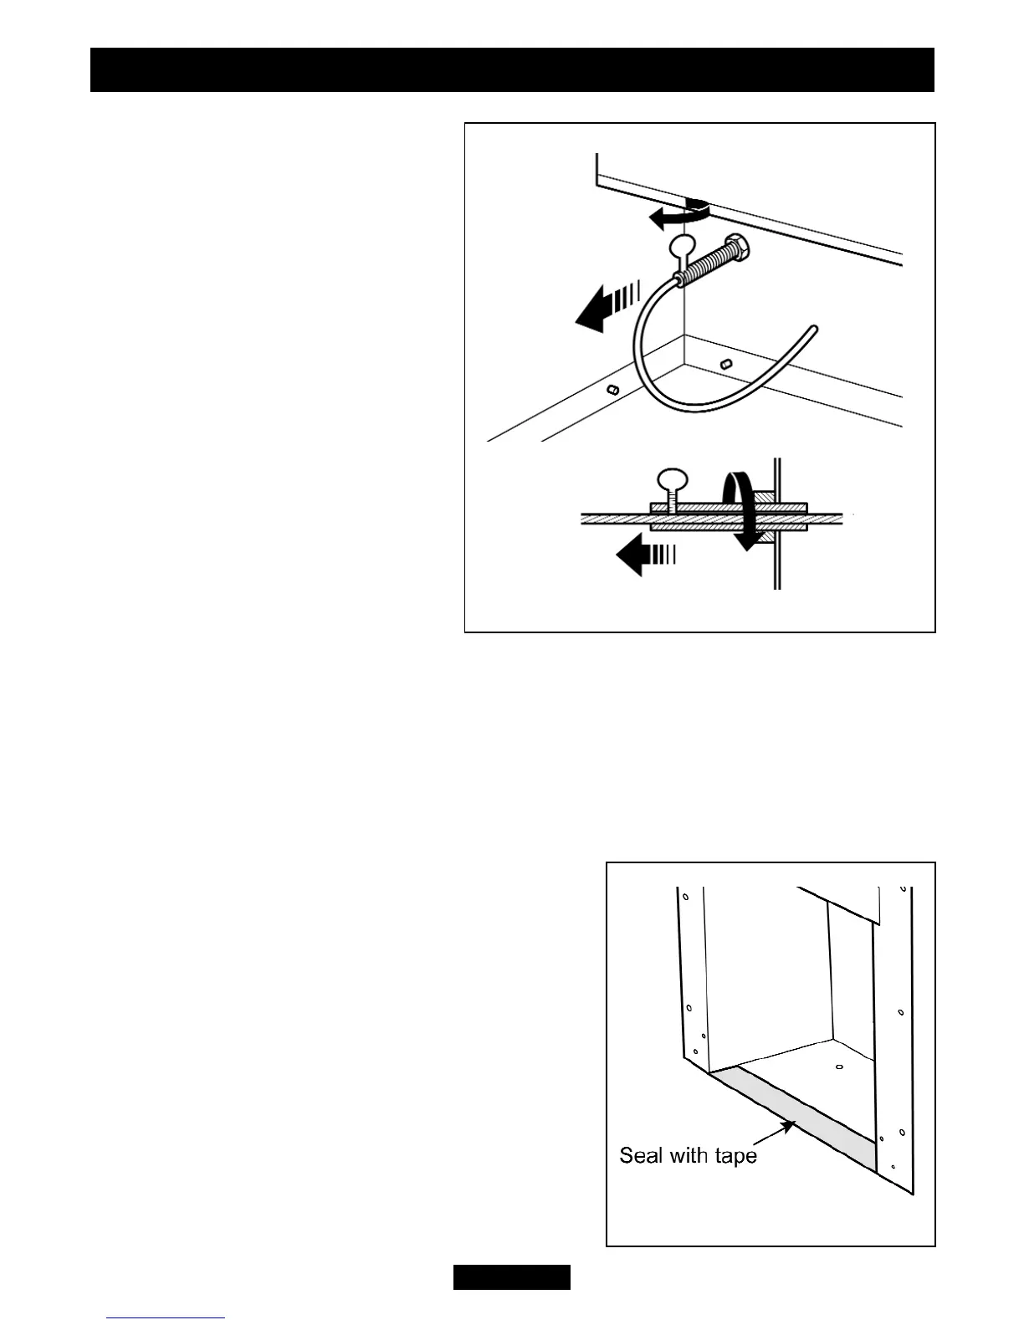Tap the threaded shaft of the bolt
tap(707, 263)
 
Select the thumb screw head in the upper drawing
tap(681, 246)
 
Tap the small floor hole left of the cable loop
tap(613, 389)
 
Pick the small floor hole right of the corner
tap(726, 364)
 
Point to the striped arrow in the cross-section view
tap(644, 555)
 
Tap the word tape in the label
tap(735, 1157)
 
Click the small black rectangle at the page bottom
tap(512, 1277)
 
